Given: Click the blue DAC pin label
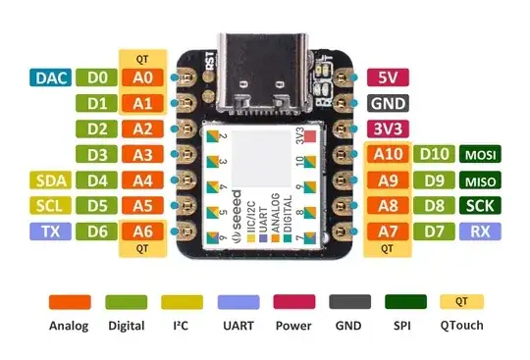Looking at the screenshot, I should [x=49, y=77].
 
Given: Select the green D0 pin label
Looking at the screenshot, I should [x=96, y=77].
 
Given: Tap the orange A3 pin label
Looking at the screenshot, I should [x=141, y=154].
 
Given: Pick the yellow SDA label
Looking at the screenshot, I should [x=49, y=180].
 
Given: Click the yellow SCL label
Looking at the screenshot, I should [x=49, y=206].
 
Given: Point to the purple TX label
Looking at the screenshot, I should [x=49, y=231].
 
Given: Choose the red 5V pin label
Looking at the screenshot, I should [x=387, y=77].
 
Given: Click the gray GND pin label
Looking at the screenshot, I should [x=387, y=102].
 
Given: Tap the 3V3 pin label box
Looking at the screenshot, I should [x=387, y=128].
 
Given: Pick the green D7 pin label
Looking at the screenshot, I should [x=433, y=231].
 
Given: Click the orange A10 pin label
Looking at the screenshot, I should [x=387, y=154].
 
